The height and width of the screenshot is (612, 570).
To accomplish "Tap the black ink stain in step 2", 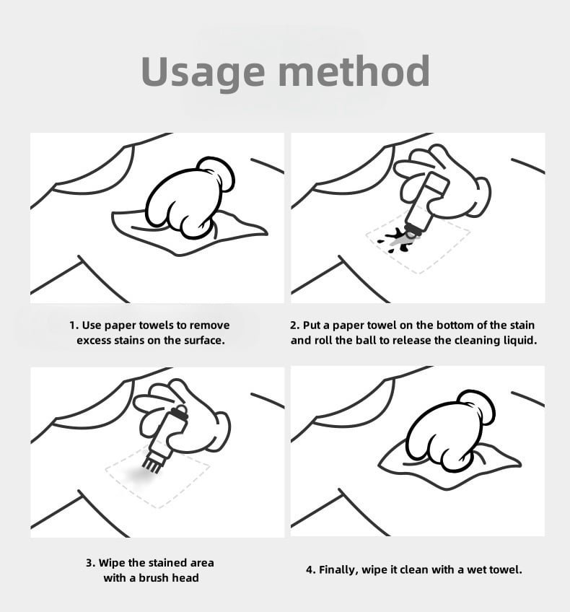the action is pyautogui.click(x=397, y=239).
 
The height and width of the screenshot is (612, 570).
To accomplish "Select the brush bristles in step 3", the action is pyautogui.click(x=152, y=464).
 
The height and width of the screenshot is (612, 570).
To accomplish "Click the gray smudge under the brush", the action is pyautogui.click(x=141, y=476).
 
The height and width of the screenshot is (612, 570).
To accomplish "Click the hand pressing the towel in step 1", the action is pyautogui.click(x=190, y=198).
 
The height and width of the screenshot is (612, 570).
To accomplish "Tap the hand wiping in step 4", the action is pyautogui.click(x=450, y=430).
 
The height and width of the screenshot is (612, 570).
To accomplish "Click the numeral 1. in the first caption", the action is pyautogui.click(x=74, y=325).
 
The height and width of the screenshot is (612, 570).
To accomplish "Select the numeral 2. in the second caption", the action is pyautogui.click(x=295, y=325).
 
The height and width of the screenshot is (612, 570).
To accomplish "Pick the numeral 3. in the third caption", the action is pyautogui.click(x=90, y=563).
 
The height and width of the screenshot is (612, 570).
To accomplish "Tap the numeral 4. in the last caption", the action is pyautogui.click(x=310, y=570).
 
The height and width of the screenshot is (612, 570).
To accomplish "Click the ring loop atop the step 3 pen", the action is pyautogui.click(x=181, y=410).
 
